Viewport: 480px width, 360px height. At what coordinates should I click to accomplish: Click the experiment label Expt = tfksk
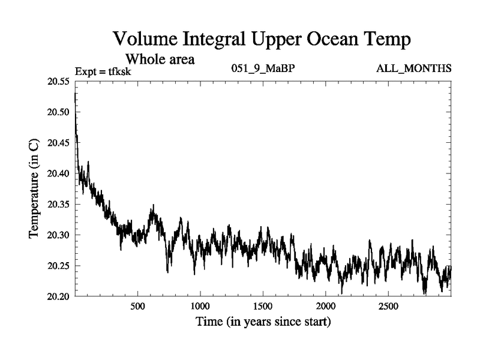coord(103,72)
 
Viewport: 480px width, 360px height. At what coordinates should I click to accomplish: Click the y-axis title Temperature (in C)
coord(35,189)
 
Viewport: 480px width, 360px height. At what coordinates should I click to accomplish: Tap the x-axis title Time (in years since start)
coord(263,322)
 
